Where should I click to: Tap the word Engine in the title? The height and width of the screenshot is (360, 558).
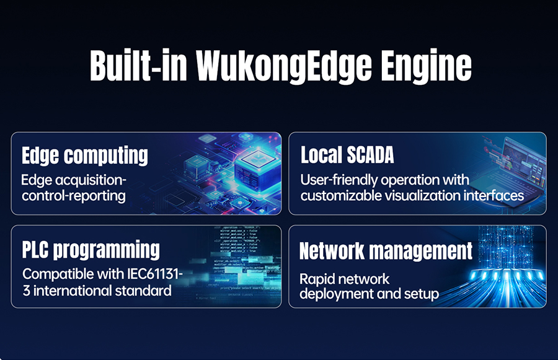427,66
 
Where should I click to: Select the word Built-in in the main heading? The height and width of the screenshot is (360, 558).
138,65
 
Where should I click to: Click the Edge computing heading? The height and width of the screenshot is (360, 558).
85,156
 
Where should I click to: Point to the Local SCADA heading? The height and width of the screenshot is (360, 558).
347,155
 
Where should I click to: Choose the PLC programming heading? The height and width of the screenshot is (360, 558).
91,250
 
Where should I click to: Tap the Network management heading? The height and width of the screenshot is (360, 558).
386,251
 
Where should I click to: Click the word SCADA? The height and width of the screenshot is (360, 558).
371,155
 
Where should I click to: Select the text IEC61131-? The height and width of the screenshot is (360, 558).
155,274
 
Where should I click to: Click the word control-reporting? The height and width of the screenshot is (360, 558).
74,196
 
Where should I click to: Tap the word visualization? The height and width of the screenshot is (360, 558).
422,196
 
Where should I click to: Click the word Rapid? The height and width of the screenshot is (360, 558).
316,279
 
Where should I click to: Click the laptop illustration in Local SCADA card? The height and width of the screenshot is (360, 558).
516,167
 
